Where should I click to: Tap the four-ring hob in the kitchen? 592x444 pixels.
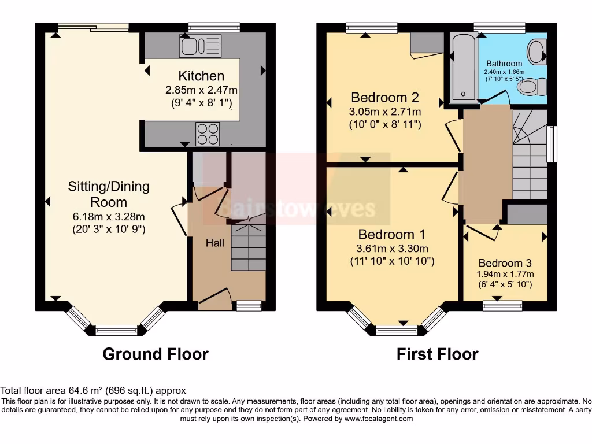(x=208, y=134)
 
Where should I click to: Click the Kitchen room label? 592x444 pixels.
(x=201, y=76)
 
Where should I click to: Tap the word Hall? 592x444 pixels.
(x=216, y=243)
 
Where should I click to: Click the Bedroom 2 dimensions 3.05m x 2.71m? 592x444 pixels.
(x=385, y=112)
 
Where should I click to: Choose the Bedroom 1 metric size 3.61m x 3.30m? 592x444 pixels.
(x=392, y=249)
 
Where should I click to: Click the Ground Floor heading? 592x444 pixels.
(x=156, y=354)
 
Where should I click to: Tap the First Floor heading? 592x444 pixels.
(x=437, y=354)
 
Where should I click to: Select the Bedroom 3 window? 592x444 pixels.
(x=502, y=303)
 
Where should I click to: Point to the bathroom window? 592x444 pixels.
(x=500, y=26)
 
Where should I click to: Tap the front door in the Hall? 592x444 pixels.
(x=215, y=297)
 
